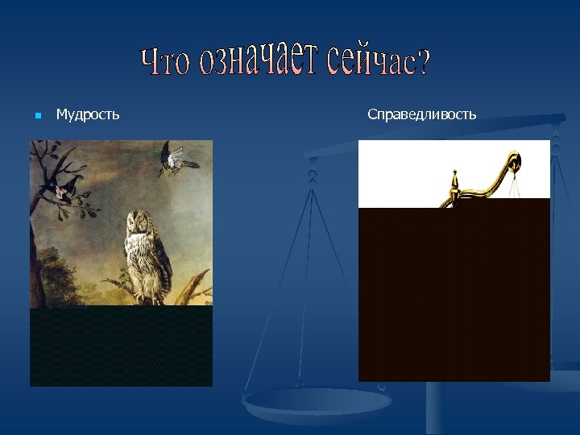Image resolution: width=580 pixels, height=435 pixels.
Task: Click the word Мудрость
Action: click(88, 114)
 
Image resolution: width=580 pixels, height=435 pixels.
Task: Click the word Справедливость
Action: click(421, 114)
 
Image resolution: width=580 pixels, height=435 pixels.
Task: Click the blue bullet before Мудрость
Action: click(38, 115)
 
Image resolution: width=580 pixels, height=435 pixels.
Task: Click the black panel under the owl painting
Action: click(121, 346)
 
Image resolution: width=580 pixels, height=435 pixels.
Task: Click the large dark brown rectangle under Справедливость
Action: click(454, 294)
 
